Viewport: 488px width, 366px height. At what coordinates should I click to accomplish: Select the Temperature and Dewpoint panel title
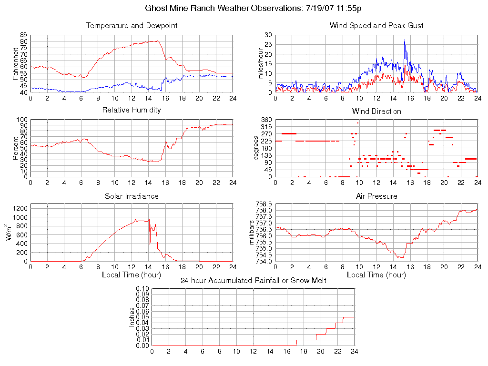tap(132, 26)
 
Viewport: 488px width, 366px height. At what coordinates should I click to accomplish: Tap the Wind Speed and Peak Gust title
tap(376, 26)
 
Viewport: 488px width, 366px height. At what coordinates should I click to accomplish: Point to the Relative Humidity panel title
tap(132, 110)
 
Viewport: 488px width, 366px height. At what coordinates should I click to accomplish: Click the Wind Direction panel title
tap(376, 112)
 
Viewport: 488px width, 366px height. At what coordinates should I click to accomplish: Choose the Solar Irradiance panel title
tap(132, 196)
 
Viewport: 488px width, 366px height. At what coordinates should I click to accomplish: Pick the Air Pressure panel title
tap(376, 196)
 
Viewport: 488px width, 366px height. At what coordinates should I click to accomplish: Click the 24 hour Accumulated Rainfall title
tap(253, 281)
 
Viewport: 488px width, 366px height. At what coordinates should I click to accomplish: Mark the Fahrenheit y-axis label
tap(15, 63)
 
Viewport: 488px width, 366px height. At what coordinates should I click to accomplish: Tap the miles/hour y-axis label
tap(260, 63)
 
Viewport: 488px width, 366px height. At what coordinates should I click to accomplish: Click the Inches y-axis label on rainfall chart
tap(132, 317)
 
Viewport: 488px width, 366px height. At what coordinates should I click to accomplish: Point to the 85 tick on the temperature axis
tap(23, 35)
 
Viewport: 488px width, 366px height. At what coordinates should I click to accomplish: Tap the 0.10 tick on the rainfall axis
tap(142, 288)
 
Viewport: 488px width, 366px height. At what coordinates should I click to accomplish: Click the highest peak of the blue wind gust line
tap(405, 40)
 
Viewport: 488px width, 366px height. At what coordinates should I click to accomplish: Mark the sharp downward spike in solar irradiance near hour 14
tap(150, 244)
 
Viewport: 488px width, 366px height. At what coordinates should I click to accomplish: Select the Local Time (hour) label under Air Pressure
tap(376, 275)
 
